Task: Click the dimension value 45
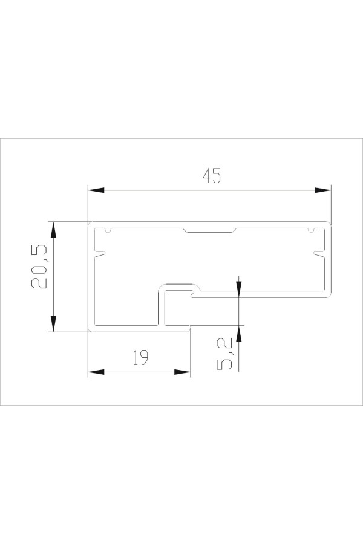point(212,175)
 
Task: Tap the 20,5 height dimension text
point(39,267)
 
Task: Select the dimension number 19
point(140,358)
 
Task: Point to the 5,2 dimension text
point(224,355)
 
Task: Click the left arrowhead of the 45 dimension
point(96,190)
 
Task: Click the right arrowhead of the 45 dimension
point(322,190)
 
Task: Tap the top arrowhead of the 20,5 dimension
point(53,230)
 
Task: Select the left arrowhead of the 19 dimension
point(96,372)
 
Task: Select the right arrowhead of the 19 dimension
point(182,372)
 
